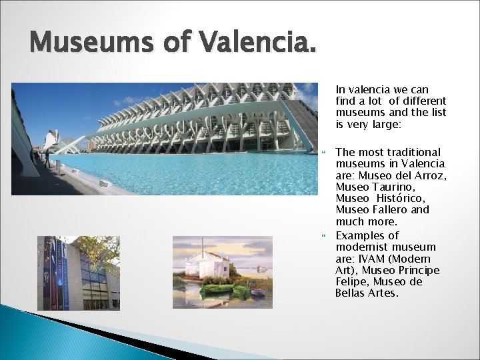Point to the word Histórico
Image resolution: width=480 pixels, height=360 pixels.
point(402,198)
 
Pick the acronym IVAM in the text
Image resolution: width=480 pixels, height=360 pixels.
point(371,259)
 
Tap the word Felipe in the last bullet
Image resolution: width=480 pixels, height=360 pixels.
point(350,281)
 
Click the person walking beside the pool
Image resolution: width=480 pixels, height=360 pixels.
point(46,159)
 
